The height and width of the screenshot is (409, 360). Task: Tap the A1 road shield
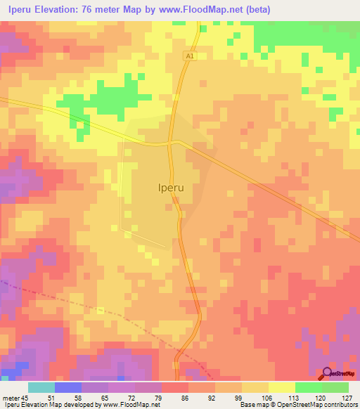(x=189, y=55)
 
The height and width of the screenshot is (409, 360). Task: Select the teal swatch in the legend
(x=41, y=387)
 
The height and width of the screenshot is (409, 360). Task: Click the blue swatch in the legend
(x=68, y=387)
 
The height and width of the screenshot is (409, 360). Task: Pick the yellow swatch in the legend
(x=282, y=387)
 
